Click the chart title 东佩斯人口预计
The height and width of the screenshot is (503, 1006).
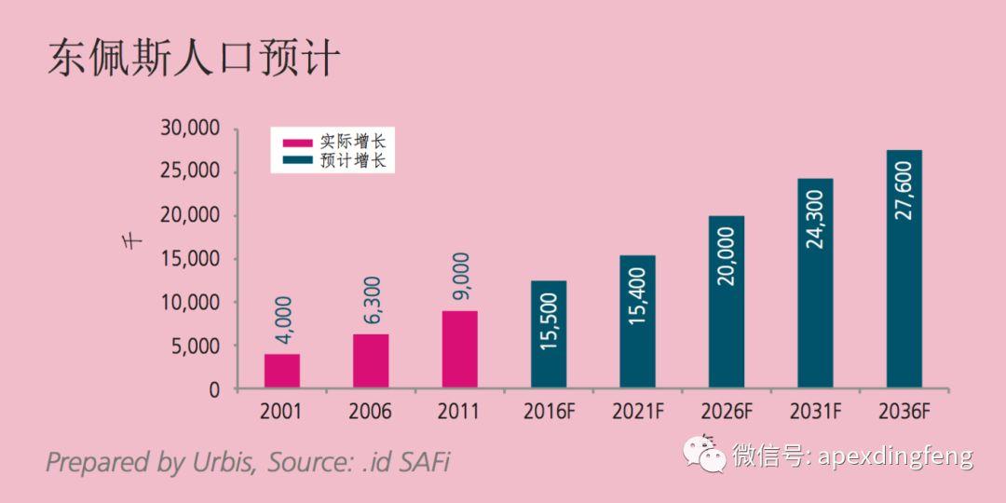[x=193, y=59]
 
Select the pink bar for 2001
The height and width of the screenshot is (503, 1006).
[x=281, y=371]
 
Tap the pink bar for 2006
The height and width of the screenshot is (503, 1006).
[x=371, y=360]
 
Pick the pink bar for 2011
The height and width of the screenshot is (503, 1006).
[x=459, y=349]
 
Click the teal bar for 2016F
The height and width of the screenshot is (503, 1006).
[x=549, y=334]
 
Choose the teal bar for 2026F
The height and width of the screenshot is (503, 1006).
[x=727, y=302]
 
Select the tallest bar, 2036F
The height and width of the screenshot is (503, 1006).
[x=904, y=269]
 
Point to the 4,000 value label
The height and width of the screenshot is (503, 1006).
[x=283, y=322]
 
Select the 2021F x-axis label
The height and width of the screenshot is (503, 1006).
[x=637, y=411]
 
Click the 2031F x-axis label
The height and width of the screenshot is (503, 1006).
[x=815, y=411]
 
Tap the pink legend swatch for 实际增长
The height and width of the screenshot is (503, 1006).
[x=298, y=143]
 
